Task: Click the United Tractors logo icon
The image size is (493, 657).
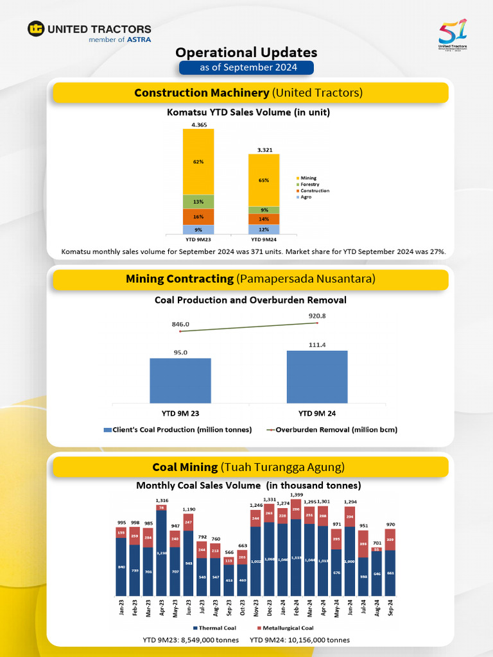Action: [x=36, y=29]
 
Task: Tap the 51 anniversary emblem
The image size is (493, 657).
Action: [x=453, y=35]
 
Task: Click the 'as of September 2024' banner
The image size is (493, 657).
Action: [x=246, y=67]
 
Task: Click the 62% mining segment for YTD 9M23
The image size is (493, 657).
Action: [x=198, y=162]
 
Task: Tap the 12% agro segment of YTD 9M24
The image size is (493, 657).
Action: [x=264, y=230]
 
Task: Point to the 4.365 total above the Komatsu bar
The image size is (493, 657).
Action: [x=198, y=124]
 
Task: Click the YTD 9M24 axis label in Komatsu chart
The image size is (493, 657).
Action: [x=264, y=239]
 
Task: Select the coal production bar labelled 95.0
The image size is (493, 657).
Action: [x=180, y=380]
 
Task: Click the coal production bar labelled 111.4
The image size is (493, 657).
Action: [x=317, y=377]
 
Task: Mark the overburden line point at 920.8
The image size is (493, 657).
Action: [x=317, y=323]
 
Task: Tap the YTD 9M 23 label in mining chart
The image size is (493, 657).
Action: [x=180, y=413]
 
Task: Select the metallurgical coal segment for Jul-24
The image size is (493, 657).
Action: [x=364, y=544]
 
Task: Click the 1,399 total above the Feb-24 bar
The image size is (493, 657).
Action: [x=297, y=495]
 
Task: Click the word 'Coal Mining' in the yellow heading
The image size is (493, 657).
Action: [x=185, y=466]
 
